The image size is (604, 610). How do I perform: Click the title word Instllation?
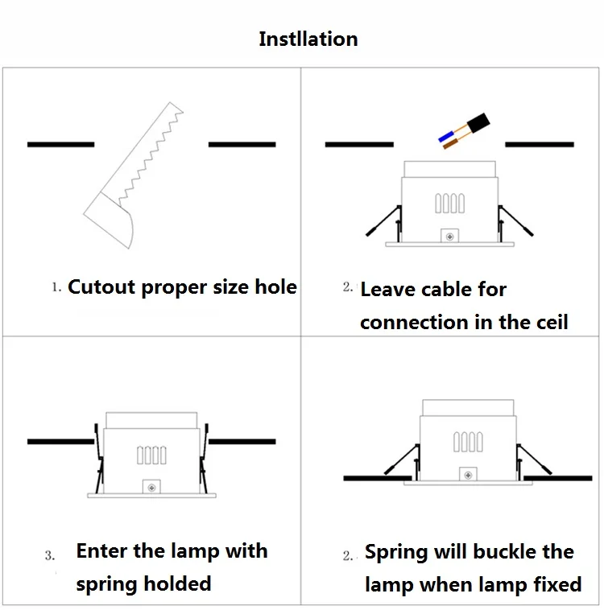coord(308,39)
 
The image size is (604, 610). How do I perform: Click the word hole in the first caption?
coord(275,287)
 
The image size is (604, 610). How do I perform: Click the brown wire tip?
coord(452,145)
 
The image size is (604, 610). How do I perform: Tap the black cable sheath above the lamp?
coord(480,123)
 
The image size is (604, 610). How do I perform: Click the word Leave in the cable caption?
coord(387,290)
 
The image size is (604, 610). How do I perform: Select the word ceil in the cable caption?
coord(550,323)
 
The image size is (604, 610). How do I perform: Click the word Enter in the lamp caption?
coord(103,551)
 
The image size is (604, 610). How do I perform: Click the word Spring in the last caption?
coord(396,553)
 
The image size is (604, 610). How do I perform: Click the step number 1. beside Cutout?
coord(56,287)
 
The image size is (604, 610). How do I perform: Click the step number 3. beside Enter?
coord(50,555)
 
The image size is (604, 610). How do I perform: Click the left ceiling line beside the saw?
coord(60,144)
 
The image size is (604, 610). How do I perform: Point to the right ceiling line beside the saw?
coord(242,144)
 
